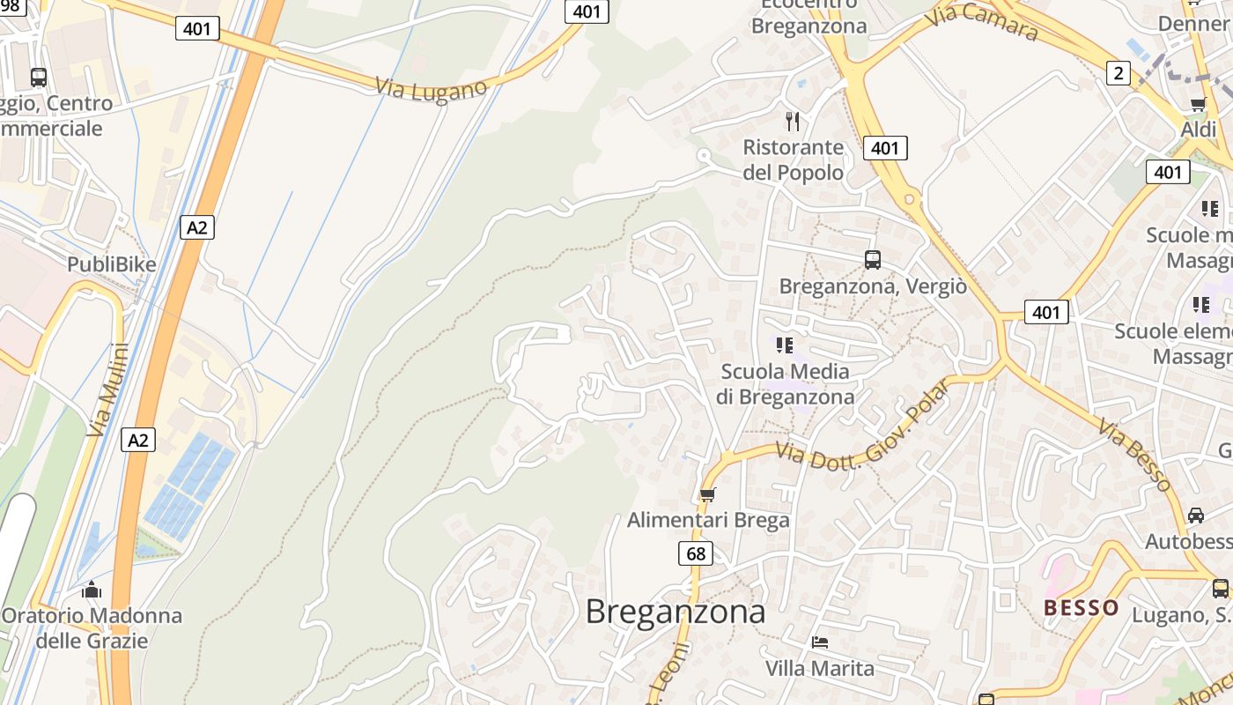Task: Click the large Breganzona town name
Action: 676,612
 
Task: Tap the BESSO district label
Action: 1081,607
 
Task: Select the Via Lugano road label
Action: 431,89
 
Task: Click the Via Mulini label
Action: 108,390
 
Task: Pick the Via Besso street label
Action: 1134,454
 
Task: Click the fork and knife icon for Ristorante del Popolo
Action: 793,122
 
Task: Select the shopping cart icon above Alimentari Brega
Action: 707,494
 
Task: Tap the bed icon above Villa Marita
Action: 820,642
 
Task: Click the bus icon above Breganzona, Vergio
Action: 873,260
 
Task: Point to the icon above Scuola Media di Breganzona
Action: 785,345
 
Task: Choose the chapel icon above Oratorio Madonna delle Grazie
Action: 92,590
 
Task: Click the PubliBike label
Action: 112,264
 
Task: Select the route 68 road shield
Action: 696,553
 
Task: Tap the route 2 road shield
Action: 1118,73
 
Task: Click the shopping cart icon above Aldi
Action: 1198,105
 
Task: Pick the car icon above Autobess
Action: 1195,515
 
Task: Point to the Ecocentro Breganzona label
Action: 808,16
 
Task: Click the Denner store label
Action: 1193,24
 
